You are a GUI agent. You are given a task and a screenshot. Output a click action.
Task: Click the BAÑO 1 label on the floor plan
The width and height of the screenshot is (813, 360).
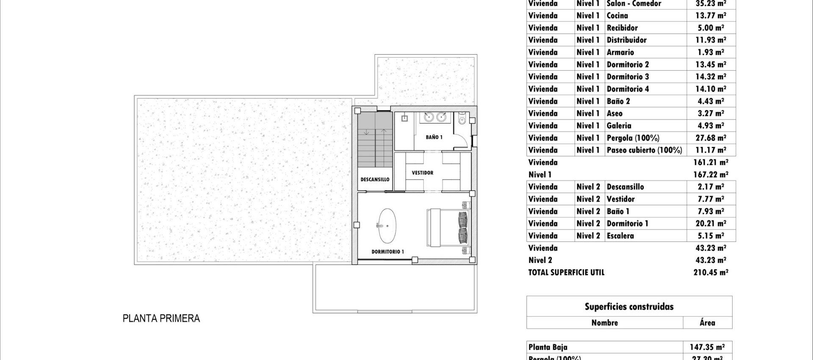tap(434, 137)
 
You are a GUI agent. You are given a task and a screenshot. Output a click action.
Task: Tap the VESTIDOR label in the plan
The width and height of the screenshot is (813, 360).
tap(422, 173)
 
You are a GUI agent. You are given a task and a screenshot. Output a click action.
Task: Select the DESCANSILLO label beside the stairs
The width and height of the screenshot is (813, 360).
tap(375, 180)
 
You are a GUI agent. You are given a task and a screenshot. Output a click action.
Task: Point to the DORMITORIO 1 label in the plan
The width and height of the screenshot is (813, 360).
tap(387, 252)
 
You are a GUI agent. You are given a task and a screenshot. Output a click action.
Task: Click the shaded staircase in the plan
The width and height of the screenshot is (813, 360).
tap(375, 140)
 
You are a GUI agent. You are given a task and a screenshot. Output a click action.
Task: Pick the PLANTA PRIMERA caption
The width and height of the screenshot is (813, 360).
tap(161, 318)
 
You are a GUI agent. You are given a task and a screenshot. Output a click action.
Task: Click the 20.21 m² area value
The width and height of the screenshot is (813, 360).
tap(711, 223)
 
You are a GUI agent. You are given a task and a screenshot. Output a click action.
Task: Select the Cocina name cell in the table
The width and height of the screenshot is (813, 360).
tap(617, 16)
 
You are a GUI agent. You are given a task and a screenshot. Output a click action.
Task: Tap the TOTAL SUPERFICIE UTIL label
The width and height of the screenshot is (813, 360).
tap(566, 272)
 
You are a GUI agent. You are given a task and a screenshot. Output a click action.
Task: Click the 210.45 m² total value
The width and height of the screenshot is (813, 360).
tap(711, 272)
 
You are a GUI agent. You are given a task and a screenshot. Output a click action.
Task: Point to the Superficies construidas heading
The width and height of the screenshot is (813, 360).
tap(629, 307)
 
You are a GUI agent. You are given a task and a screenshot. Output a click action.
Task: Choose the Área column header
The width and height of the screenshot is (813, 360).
tap(707, 323)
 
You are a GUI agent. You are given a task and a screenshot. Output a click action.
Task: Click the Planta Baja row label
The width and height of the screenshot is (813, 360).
tap(548, 347)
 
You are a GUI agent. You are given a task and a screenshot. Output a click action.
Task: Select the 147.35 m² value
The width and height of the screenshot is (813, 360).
tap(707, 347)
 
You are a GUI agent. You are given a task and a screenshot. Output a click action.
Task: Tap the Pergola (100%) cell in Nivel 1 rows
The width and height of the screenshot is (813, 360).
tap(633, 138)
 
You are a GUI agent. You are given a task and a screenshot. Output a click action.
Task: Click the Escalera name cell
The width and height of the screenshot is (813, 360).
tap(620, 236)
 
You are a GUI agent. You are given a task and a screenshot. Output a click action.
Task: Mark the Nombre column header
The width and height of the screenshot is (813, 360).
tap(604, 323)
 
